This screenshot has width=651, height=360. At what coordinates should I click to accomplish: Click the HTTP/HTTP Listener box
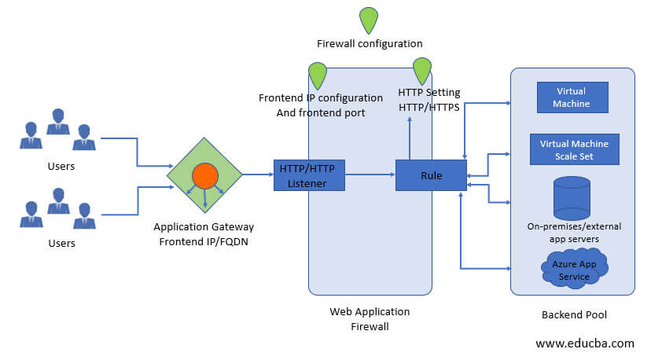point(311,174)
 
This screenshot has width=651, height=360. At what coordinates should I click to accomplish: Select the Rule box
point(431,174)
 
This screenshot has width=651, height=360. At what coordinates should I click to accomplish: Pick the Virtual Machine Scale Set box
point(575,149)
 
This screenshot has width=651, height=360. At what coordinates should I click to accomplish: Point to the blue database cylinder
point(572,197)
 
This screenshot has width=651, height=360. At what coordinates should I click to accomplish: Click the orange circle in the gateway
point(204,175)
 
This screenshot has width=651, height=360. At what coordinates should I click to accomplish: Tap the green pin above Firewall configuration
point(368,20)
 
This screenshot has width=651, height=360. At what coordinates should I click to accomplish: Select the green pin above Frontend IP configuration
point(318,75)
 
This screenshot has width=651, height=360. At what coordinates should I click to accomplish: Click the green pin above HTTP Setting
point(423,71)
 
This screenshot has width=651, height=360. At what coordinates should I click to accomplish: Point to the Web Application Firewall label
point(370,318)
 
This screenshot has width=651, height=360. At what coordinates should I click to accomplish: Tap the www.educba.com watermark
point(584,343)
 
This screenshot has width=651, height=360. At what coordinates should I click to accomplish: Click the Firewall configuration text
point(370,44)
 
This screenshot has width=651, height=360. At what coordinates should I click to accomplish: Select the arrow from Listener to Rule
point(370,174)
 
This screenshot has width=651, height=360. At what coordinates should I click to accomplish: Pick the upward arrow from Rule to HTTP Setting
point(409,138)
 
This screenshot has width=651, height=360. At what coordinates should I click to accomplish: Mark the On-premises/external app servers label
point(574,233)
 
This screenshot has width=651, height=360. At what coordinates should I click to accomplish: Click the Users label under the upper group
point(61,167)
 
